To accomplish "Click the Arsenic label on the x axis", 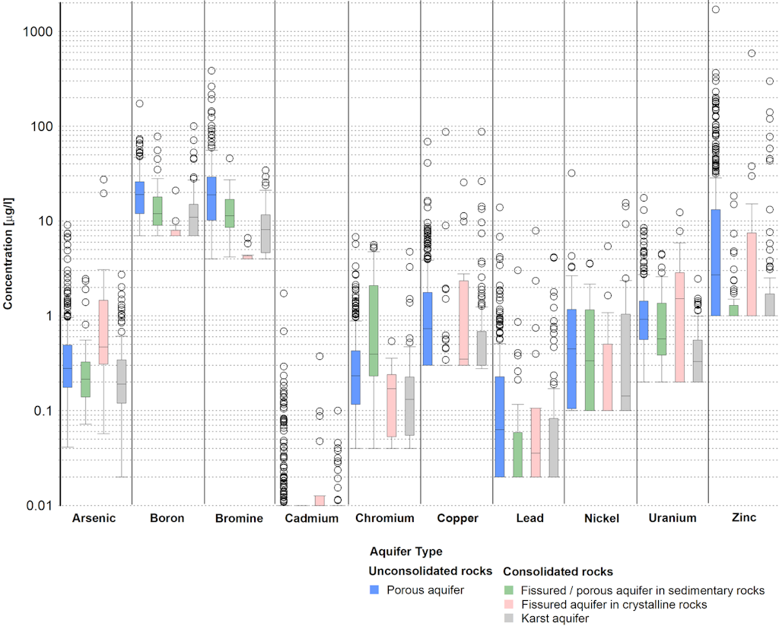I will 94,519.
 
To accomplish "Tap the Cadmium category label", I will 311,519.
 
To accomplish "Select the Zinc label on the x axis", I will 743,519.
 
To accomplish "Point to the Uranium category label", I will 672,519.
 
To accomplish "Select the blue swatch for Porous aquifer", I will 375,590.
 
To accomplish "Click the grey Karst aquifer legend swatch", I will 510,619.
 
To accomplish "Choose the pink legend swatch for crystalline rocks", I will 510,605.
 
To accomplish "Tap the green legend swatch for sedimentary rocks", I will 510,590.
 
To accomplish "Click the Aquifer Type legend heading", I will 405,552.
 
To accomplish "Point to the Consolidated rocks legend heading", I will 558,571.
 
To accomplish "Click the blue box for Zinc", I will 715,262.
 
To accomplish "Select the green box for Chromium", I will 374,331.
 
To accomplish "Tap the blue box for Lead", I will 499,427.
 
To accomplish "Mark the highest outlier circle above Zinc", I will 715,10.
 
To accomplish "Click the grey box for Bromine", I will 265,234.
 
